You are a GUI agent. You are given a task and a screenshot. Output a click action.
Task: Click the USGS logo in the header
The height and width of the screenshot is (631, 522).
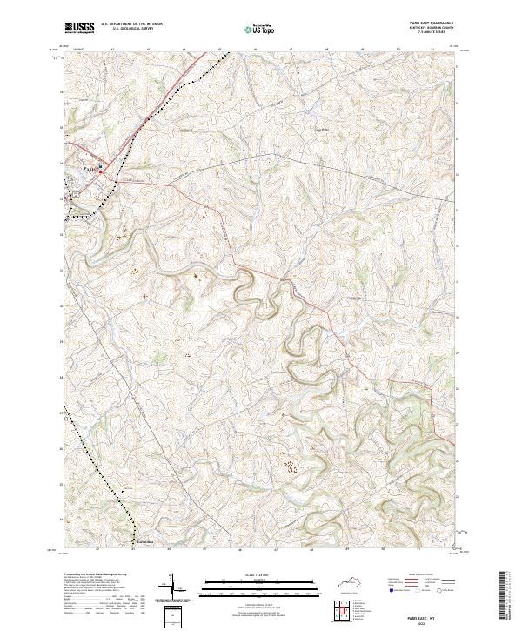click(79, 28)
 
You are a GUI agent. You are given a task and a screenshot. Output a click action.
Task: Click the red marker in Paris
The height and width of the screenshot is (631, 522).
click(101, 172)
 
